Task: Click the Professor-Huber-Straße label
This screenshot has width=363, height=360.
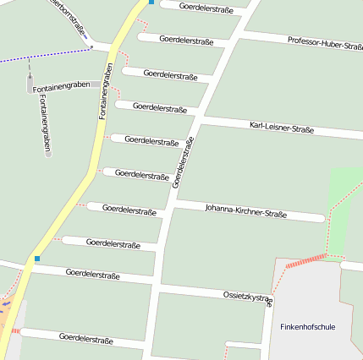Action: pos(325,42)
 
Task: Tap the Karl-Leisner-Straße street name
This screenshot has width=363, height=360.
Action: pos(282,128)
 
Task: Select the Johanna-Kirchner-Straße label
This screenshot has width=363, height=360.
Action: pos(245,210)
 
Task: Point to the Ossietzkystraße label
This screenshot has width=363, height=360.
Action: pos(248,297)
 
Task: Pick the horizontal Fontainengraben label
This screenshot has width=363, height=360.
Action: pos(60,87)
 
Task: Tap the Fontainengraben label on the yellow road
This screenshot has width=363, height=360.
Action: pos(106,91)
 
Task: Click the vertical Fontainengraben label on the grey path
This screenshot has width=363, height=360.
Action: pos(44,123)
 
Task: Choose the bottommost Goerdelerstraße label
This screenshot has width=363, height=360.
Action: pos(86,338)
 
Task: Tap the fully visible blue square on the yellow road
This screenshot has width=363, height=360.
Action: pos(36,259)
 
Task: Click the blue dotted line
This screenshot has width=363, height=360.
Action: pos(42,56)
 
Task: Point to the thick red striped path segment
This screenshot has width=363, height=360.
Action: pos(305,260)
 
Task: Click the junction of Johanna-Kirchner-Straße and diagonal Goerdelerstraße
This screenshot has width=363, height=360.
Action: pos(174,203)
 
